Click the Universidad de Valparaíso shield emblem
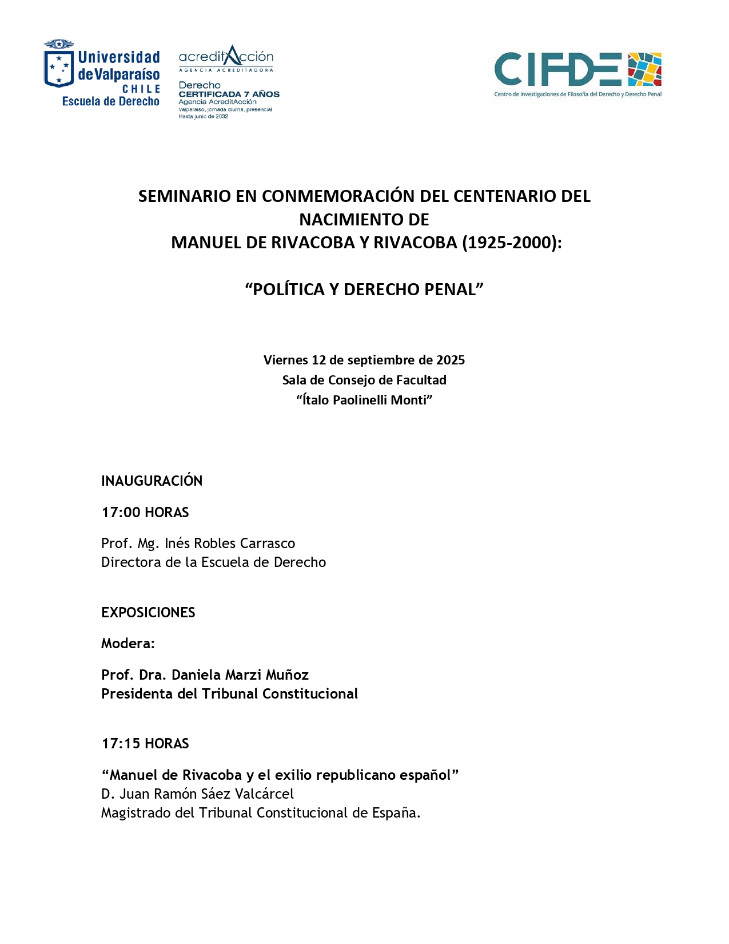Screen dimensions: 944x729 (59, 68)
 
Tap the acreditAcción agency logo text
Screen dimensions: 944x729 (226, 57)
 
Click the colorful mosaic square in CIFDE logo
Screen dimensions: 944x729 (644, 69)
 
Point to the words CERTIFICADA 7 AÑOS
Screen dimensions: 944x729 (229, 94)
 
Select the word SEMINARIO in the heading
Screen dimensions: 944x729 (185, 196)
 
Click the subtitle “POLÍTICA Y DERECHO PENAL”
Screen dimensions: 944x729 (364, 289)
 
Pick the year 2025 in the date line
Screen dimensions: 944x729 (451, 360)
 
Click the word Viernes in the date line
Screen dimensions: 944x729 (285, 360)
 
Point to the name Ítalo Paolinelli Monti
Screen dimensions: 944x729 (364, 400)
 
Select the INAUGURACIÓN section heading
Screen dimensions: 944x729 (152, 481)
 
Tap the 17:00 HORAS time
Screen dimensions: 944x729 (145, 512)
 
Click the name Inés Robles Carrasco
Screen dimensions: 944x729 (230, 543)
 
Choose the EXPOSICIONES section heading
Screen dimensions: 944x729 (148, 612)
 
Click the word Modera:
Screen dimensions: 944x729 (128, 644)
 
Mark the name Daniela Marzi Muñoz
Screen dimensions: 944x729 (240, 675)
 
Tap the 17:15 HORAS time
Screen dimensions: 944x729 (145, 743)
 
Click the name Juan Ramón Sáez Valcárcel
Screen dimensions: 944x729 (206, 794)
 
